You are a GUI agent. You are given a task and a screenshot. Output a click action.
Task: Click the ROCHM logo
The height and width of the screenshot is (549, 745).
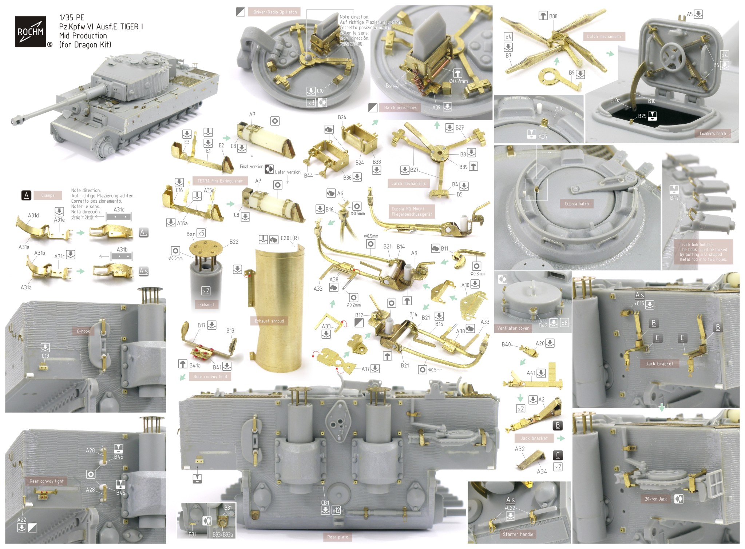coord(31,32)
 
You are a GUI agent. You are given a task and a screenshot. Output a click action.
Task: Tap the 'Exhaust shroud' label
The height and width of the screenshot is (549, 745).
coord(269,321)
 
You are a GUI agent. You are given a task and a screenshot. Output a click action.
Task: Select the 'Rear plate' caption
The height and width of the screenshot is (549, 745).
coord(337,537)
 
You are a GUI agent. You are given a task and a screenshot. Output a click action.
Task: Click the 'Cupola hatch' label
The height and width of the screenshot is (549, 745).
coord(576,204)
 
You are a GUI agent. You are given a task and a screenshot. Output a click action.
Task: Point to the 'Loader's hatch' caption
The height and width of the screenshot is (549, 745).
coord(712,134)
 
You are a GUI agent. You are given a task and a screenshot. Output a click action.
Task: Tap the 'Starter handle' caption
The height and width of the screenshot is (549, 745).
coord(518,534)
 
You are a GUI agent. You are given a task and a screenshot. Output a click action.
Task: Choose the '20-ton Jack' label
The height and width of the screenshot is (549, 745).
coord(655,499)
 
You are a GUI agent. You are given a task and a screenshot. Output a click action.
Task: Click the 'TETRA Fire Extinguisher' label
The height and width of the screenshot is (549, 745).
coord(220,181)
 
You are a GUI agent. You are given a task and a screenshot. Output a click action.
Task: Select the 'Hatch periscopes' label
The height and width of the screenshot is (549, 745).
coord(400,108)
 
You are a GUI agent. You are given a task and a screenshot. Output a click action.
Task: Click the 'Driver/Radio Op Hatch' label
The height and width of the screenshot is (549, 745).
coord(275,12)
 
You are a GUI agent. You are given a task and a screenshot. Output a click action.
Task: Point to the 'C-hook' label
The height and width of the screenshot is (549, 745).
coord(83,331)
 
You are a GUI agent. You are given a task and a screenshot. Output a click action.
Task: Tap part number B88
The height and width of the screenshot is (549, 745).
coord(553,16)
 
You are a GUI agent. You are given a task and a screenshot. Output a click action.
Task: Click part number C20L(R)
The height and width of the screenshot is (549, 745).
coord(290,238)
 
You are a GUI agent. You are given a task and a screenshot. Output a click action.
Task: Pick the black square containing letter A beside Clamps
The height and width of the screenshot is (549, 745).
coord(26,195)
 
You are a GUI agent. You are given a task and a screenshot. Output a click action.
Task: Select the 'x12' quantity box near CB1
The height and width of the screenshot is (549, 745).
coord(336,510)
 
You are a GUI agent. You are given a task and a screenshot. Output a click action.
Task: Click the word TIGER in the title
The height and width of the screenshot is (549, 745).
coord(130,27)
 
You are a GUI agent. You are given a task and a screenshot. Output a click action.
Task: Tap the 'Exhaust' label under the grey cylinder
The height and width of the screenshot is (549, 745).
coord(206,305)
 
